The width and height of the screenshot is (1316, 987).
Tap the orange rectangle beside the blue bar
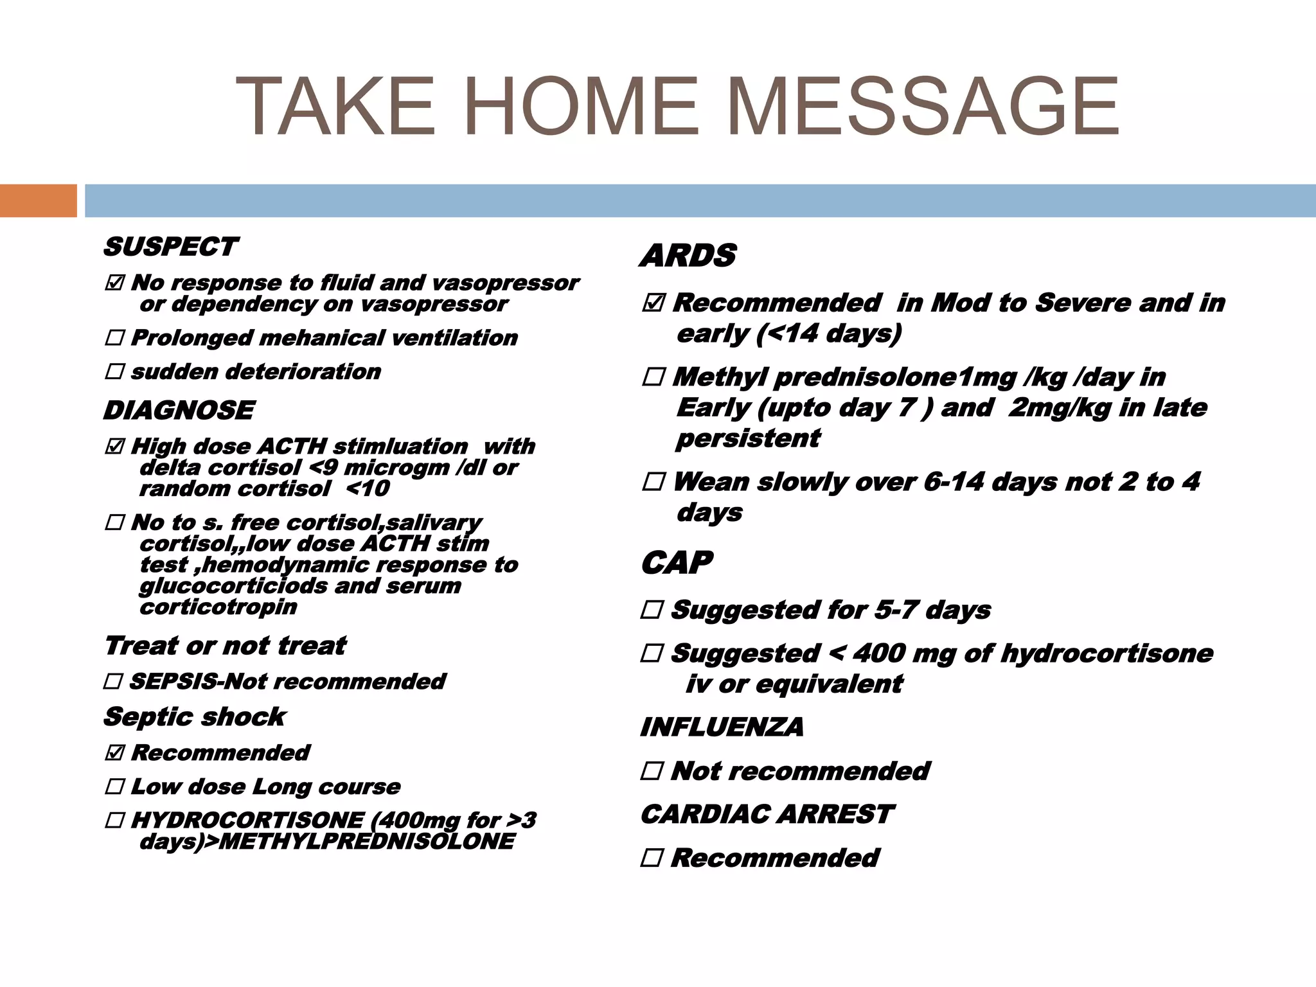click(38, 200)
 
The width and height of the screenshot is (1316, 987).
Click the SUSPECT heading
click(171, 247)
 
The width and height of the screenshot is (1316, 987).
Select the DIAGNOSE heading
click(179, 411)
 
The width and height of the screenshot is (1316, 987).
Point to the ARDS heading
click(688, 256)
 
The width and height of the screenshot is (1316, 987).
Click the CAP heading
click(677, 563)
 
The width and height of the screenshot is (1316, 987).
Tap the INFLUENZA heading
click(722, 727)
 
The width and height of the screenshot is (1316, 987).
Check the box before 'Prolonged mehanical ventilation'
click(114, 337)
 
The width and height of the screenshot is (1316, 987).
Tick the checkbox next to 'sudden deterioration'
click(114, 371)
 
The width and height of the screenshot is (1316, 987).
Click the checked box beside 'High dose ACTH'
click(114, 446)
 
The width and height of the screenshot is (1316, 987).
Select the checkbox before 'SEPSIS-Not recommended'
click(113, 681)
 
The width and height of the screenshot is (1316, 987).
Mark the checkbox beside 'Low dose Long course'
click(114, 786)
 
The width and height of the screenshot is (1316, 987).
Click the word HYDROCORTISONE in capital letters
click(248, 820)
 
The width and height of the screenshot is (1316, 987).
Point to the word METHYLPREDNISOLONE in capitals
click(366, 841)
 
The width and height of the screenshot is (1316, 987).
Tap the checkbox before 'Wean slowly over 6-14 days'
click(653, 481)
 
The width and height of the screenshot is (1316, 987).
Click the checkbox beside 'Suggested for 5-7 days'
click(652, 609)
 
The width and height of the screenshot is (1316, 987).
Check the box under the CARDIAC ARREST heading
click(652, 857)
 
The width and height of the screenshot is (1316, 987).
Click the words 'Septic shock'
click(195, 716)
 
